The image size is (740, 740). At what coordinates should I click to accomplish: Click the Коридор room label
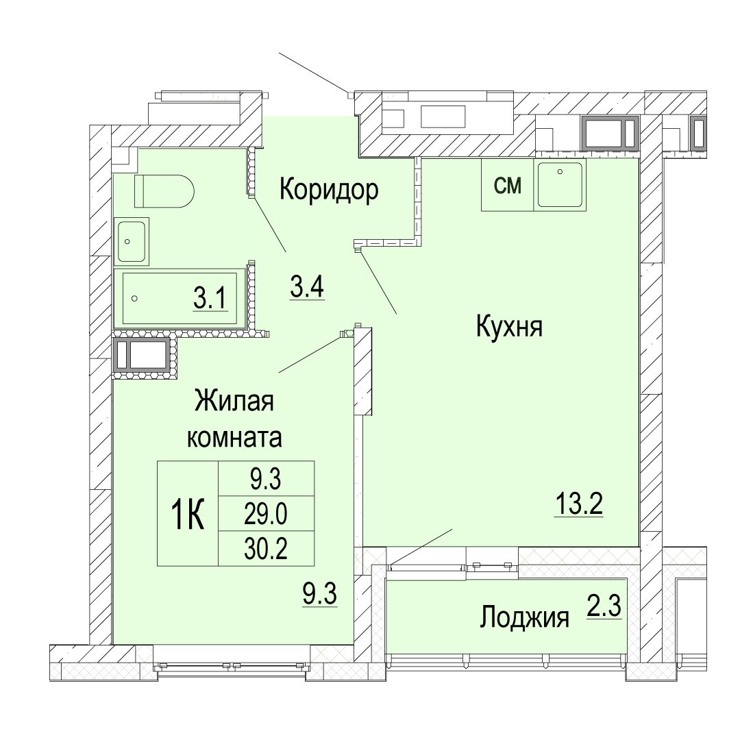pyautogui.click(x=329, y=190)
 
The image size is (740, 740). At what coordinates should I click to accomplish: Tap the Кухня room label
pyautogui.click(x=509, y=327)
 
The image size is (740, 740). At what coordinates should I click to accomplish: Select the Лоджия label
pyautogui.click(x=524, y=618)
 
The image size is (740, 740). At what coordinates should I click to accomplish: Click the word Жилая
pyautogui.click(x=234, y=402)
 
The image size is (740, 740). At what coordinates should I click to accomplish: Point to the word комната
pyautogui.click(x=234, y=437)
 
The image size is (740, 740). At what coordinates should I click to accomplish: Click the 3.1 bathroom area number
pyautogui.click(x=210, y=298)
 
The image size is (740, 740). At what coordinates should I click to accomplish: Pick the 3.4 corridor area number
pyautogui.click(x=307, y=287)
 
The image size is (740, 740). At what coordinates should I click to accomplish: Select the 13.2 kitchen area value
pyautogui.click(x=578, y=504)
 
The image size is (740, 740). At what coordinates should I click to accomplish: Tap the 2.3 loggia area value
pyautogui.click(x=604, y=606)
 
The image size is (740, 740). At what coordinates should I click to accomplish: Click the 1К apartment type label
pyautogui.click(x=187, y=516)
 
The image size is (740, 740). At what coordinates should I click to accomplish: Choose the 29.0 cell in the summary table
pyautogui.click(x=266, y=514)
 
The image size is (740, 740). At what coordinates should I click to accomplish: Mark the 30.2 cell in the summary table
pyautogui.click(x=266, y=549)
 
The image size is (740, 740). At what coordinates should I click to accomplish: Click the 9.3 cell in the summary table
pyautogui.click(x=266, y=479)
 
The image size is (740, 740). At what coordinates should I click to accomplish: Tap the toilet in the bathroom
pyautogui.click(x=164, y=191)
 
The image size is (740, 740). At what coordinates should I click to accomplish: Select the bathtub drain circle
pyautogui.click(x=135, y=298)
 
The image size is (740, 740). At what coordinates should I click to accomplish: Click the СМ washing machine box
pyautogui.click(x=507, y=184)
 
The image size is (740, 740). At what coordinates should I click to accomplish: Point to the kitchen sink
pyautogui.click(x=560, y=184)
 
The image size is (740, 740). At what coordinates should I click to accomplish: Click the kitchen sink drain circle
pyautogui.click(x=560, y=172)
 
